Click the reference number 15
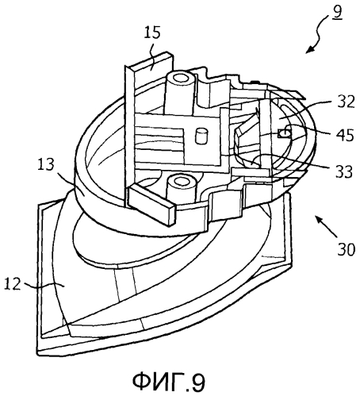coord(152,33)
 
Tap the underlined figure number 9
coord(337,12)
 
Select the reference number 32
coord(345,102)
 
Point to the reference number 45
coord(345,135)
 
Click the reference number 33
coord(344,171)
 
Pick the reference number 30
coord(347,249)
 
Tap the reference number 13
coord(45,164)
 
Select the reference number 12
coord(13,284)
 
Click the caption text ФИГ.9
coord(169,381)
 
